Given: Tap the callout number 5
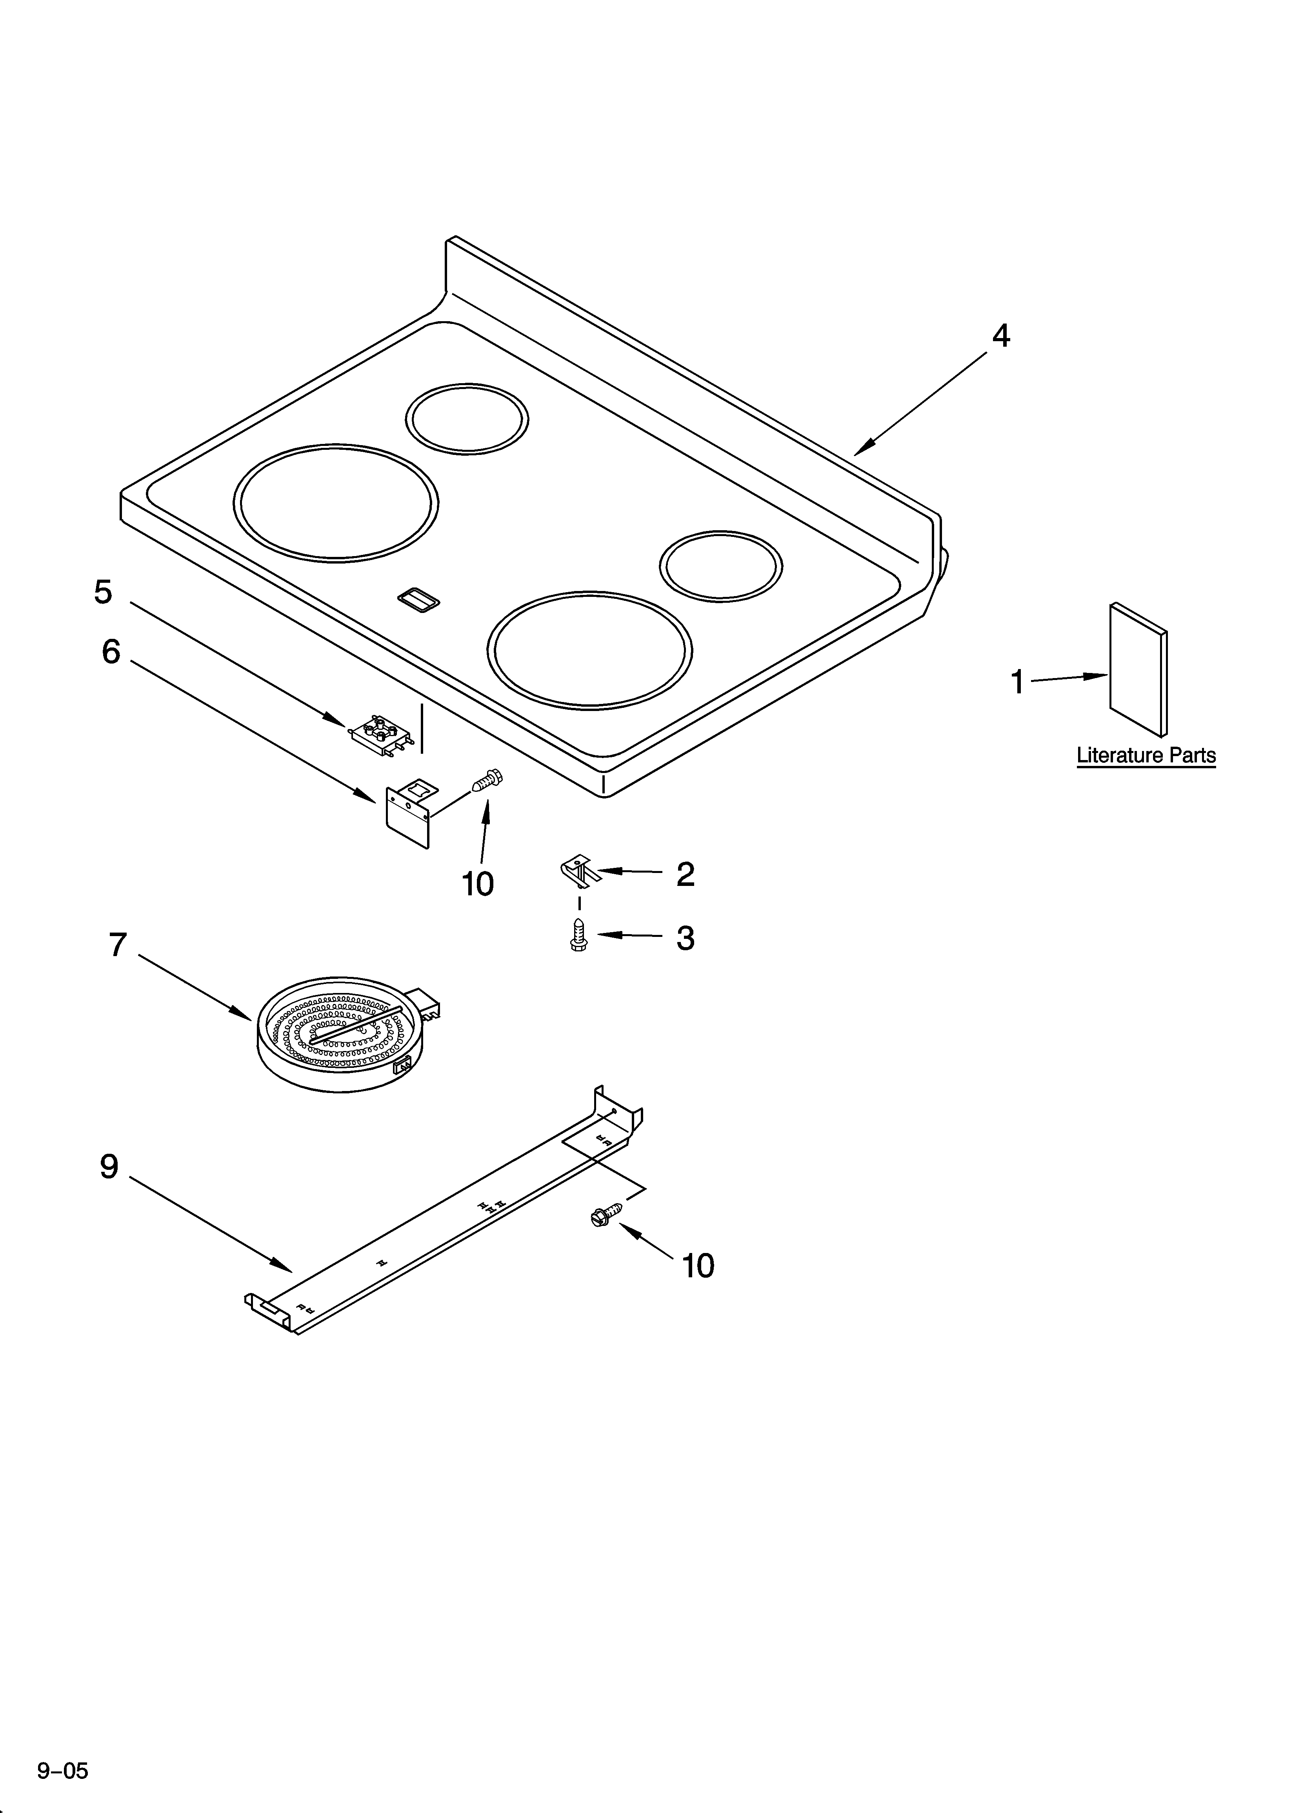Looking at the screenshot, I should (103, 592).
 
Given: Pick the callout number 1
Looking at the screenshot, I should (1017, 683).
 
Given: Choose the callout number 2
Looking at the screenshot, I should (685, 875).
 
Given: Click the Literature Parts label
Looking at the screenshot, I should (1146, 755).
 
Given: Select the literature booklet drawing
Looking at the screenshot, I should (1137, 670).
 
